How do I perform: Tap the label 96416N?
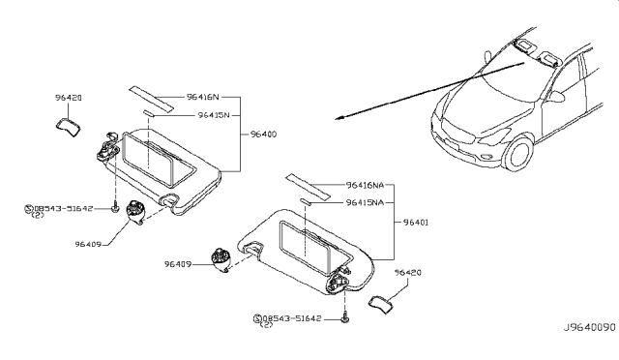203,97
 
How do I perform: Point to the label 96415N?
213,114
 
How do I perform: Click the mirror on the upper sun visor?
157,154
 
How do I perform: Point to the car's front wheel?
520,156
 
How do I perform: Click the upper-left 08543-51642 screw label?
64,208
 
